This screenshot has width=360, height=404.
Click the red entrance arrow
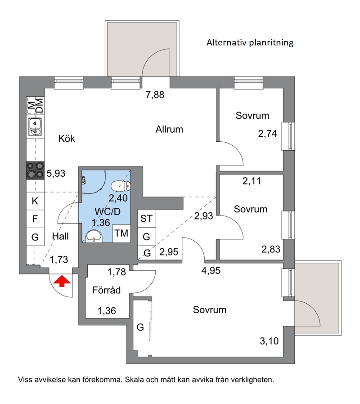click(x=62, y=281)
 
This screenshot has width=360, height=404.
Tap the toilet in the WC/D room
click(x=121, y=186)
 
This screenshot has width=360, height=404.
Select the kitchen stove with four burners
click(x=35, y=171)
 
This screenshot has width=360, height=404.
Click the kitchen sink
click(x=35, y=127)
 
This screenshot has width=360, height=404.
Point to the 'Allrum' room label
click(x=169, y=129)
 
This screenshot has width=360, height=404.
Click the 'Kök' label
click(x=67, y=139)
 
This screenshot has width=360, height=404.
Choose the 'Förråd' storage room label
click(x=107, y=290)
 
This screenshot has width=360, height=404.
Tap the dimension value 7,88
click(x=155, y=95)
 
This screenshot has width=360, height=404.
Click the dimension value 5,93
click(x=56, y=173)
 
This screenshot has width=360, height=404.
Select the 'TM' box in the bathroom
click(x=121, y=233)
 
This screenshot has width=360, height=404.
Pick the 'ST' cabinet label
click(x=146, y=219)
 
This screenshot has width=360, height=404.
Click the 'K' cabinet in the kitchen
click(x=35, y=201)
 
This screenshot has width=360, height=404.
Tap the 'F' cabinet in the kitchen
click(x=35, y=219)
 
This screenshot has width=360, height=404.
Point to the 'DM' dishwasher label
click(x=40, y=105)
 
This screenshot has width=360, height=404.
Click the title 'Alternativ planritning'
click(x=250, y=42)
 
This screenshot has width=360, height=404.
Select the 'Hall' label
click(x=60, y=236)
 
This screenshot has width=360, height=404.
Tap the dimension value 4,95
click(x=211, y=270)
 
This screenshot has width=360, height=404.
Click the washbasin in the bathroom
click(x=94, y=236)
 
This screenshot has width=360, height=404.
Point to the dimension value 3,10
click(x=269, y=341)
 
